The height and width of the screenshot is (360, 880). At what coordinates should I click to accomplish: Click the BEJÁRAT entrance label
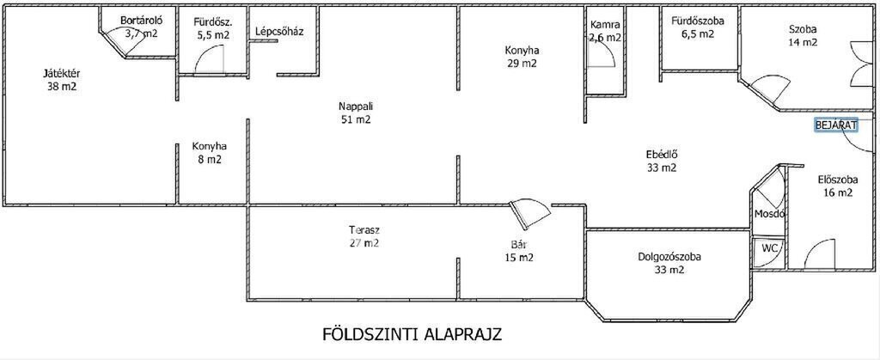pos(836,125)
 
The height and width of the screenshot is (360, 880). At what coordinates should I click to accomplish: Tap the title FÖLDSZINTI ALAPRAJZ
pos(412,335)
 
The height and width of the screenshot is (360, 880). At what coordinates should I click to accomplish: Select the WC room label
pos(768,247)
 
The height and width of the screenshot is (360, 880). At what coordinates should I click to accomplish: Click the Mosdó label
pos(769,214)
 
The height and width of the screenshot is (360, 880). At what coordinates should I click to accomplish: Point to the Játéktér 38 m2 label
pos(62,80)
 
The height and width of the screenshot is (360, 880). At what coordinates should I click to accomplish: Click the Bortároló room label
pos(142,21)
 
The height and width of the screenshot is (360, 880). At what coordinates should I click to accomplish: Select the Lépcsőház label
pos(279,32)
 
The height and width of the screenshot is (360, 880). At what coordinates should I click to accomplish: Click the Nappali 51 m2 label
pos(356,113)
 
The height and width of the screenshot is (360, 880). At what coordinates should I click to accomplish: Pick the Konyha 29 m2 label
pos(521,57)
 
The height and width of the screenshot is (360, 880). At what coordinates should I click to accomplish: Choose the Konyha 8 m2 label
pos(210,153)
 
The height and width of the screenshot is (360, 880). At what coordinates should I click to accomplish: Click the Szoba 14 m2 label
pos(803,35)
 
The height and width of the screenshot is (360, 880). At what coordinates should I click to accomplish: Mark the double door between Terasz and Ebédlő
pos(530,214)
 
